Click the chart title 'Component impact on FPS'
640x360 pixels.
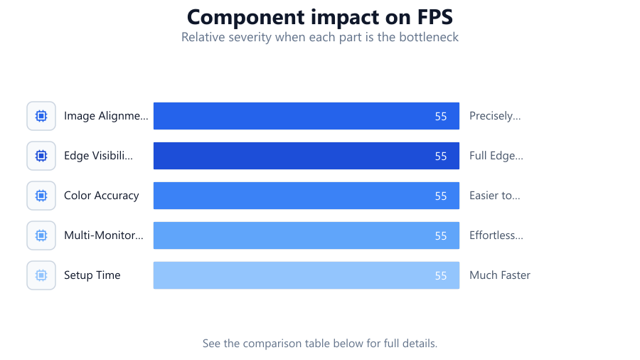click(320, 18)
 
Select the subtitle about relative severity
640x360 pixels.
click(320, 37)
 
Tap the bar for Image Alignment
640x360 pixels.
click(306, 116)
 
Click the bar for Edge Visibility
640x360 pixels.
click(306, 156)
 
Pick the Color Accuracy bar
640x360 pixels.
click(306, 196)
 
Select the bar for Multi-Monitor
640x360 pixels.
click(306, 235)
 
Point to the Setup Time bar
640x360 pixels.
click(306, 275)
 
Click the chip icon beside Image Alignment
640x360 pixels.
click(41, 116)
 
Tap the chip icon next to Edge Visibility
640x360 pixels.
click(41, 156)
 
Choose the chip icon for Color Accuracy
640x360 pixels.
click(41, 196)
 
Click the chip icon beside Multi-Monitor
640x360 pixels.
click(41, 235)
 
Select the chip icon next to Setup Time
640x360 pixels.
click(41, 275)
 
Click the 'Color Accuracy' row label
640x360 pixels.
click(102, 196)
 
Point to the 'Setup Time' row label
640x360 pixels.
click(92, 275)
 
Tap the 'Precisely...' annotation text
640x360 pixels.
click(495, 116)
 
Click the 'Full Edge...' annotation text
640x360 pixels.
click(496, 156)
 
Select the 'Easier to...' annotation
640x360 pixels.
click(495, 196)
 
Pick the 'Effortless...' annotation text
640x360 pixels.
click(496, 235)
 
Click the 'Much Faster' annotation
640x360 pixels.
click(500, 275)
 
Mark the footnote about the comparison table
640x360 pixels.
click(320, 343)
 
